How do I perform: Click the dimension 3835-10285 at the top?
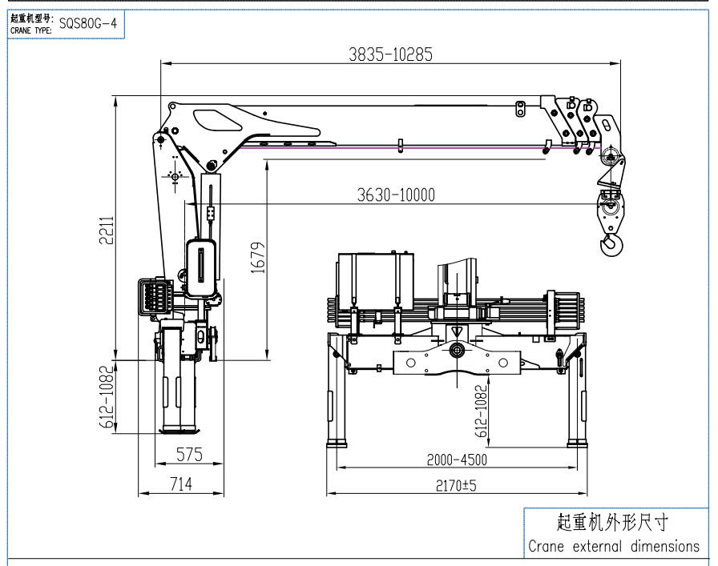[390, 54]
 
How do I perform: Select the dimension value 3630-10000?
[395, 195]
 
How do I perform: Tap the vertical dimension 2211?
[107, 232]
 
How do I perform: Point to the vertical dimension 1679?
[256, 258]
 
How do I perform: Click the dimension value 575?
[188, 455]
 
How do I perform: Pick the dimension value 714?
[181, 484]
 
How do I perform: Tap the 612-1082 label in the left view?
[105, 398]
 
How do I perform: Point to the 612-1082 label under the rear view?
[481, 411]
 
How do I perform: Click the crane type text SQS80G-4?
[88, 23]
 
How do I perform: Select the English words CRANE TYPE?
[31, 30]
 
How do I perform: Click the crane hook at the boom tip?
[611, 242]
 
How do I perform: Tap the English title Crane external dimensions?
[614, 547]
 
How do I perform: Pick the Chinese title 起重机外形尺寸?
[612, 523]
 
